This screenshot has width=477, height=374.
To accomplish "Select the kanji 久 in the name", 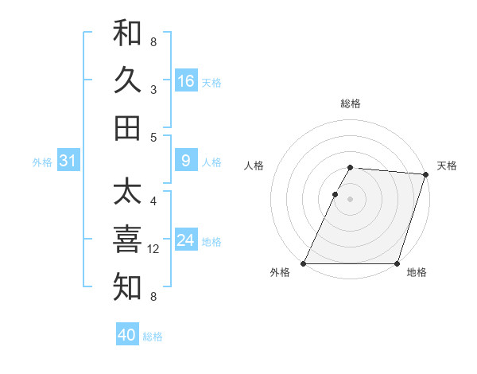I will pos(127,80).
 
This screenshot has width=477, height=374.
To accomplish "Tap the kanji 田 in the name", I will pos(127,127).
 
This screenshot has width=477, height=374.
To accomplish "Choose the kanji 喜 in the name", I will pos(127,240).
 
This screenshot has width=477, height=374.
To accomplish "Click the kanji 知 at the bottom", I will pos(127,287).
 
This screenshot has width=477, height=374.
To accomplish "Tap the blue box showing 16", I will pos(186,81).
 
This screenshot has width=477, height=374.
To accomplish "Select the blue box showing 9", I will pos(186,162).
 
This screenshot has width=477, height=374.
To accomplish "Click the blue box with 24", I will pos(186,241).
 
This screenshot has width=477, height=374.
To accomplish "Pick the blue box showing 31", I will pos(68,162).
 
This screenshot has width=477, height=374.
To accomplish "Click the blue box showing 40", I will pos(127,335).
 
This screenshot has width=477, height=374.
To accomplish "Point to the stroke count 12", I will pos(154,250).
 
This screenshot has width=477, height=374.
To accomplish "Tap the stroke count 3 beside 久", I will pos(153,90).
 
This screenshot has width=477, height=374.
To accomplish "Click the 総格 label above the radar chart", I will pos(351,103).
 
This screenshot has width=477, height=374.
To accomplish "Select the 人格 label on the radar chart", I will pos(254,166).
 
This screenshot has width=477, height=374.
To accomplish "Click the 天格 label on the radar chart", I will pos(447,166).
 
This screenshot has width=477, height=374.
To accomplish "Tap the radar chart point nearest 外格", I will pos(304,263).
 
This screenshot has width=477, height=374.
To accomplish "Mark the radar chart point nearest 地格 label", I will pos(397,263).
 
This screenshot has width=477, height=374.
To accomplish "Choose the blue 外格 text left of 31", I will pos(42,162).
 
